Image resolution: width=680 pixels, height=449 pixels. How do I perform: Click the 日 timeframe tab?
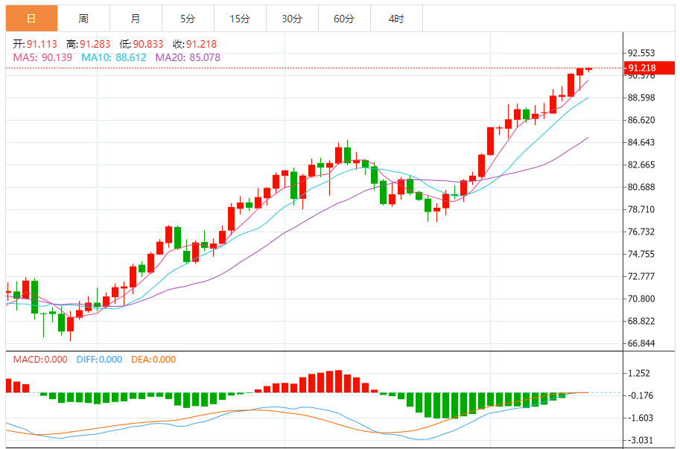[31, 19]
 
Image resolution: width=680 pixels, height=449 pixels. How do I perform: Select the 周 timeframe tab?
[83, 19]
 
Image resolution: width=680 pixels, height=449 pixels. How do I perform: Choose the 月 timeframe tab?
[135, 19]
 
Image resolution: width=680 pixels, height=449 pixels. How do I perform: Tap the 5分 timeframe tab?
[188, 19]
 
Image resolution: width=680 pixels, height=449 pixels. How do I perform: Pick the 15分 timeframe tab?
[240, 19]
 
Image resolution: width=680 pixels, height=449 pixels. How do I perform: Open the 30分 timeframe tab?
[292, 19]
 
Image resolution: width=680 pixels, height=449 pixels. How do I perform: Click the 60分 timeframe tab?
[344, 19]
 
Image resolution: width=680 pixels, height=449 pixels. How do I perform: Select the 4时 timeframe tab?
[396, 19]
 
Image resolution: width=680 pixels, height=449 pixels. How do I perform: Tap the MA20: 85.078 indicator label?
[188, 57]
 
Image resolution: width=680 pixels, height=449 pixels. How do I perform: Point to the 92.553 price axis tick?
[642, 53]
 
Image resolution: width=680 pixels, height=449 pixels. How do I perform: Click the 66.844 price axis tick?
[642, 343]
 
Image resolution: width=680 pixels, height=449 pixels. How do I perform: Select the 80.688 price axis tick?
[642, 187]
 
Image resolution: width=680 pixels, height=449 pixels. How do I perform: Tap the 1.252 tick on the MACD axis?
[640, 374]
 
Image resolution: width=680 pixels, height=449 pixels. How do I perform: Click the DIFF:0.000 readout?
[99, 360]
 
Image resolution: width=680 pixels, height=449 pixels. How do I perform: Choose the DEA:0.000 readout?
[153, 360]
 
